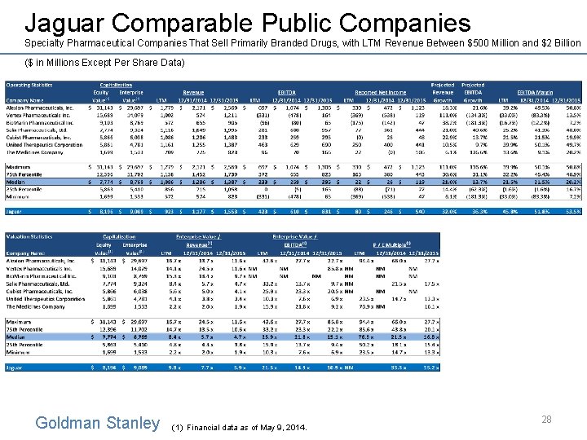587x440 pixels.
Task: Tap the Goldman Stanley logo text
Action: (98, 423)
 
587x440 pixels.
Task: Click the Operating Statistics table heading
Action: (33, 84)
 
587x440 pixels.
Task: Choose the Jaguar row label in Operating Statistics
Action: (17, 209)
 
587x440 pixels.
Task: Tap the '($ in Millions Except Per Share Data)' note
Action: (99, 62)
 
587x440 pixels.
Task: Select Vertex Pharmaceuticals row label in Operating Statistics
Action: (40, 115)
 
